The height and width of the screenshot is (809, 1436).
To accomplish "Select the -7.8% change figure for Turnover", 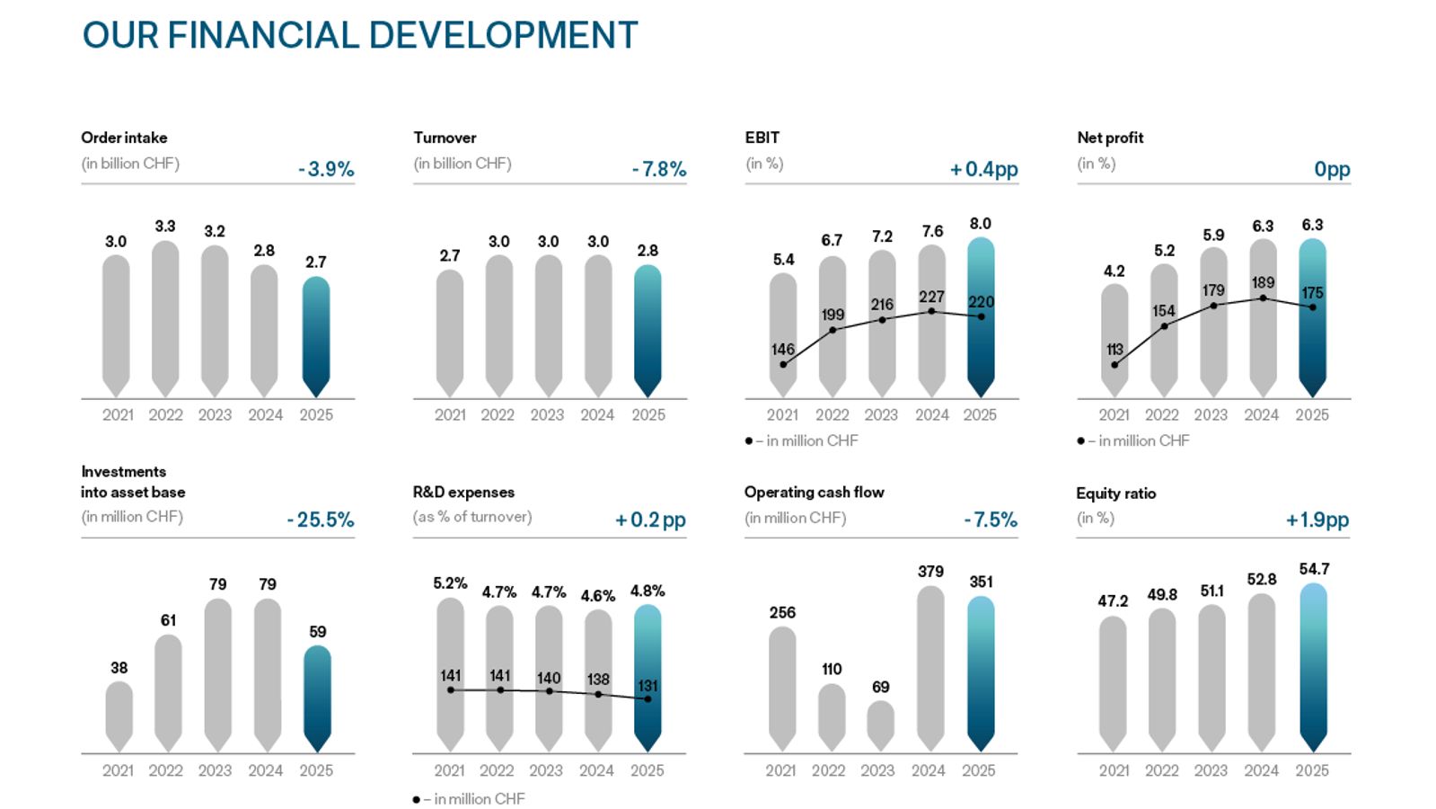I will [x=658, y=169].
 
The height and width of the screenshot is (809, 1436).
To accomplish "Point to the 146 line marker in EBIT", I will [x=783, y=365].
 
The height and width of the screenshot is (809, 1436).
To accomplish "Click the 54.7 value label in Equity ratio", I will [x=1313, y=569].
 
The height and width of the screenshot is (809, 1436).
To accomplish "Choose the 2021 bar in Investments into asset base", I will [x=119, y=716].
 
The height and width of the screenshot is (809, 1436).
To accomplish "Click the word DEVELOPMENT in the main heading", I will [x=503, y=36].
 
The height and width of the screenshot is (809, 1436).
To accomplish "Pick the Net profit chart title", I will [x=1110, y=138].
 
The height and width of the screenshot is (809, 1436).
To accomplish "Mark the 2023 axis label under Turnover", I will [x=547, y=414].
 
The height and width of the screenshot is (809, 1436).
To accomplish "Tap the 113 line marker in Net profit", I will [x=1114, y=365].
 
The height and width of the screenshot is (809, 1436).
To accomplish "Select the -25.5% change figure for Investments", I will [x=321, y=520].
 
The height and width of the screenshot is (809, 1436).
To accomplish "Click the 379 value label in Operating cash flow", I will [x=930, y=571].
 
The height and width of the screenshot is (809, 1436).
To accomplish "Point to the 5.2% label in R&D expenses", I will [x=450, y=583].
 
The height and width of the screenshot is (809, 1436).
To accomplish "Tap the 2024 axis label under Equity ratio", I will [x=1261, y=770].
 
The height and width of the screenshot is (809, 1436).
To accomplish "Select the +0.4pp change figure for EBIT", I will [x=983, y=169].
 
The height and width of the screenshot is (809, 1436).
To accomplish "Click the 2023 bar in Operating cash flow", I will [x=880, y=725].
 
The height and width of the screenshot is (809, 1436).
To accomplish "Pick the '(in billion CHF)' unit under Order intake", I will [x=130, y=164].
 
